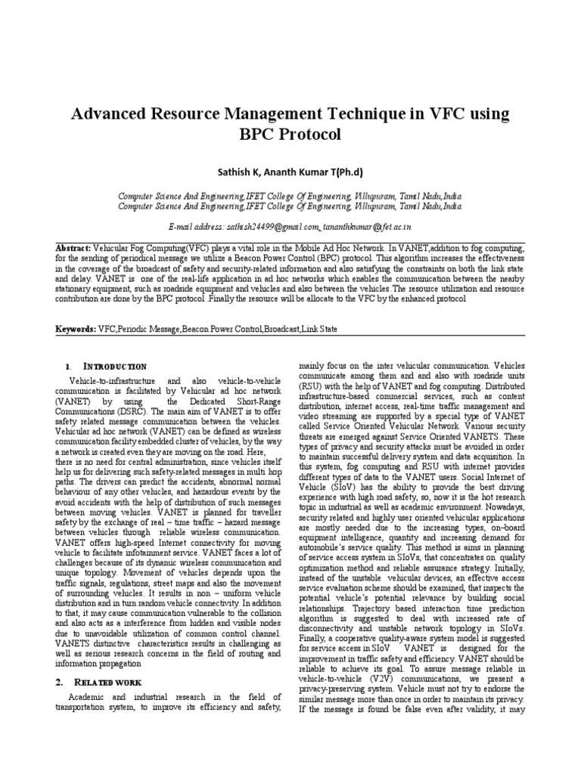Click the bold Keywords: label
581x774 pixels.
(76, 330)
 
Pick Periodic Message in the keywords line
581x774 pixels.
(150, 330)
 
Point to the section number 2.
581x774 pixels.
(59, 682)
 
